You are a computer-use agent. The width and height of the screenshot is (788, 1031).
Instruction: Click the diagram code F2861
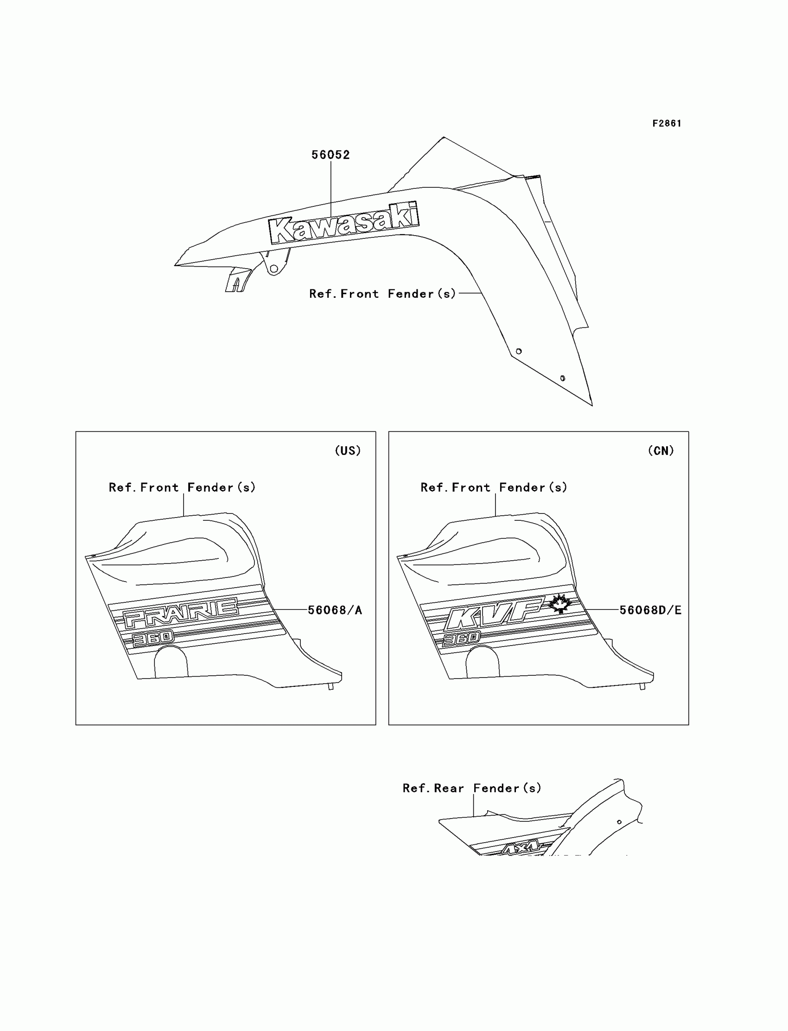(667, 123)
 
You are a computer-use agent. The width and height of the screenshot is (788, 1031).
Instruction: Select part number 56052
(330, 155)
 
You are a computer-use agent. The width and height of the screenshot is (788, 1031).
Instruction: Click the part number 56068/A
(335, 610)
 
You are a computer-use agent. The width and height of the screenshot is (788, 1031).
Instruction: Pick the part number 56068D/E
(650, 610)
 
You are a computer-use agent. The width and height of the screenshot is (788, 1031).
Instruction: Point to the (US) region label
(348, 450)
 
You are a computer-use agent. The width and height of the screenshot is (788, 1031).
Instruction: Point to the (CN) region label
(661, 450)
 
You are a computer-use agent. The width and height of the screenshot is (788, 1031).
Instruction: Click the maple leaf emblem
(559, 603)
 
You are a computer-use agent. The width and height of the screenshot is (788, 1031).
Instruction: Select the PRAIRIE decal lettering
(181, 612)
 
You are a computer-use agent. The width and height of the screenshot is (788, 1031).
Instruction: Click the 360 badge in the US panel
(153, 639)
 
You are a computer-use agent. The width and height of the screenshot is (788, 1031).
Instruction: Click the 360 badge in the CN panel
(462, 638)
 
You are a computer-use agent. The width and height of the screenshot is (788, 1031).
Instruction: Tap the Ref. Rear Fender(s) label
(472, 788)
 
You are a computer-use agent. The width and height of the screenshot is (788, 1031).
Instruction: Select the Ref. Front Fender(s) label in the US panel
(182, 487)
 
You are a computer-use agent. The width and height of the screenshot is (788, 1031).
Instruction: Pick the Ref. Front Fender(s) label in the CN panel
(494, 487)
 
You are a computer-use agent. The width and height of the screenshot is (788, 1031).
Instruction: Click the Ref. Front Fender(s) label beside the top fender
(382, 294)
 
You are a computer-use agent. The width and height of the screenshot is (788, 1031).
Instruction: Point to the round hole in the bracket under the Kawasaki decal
(274, 269)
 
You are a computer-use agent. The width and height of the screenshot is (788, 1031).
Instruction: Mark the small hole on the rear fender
(619, 822)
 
